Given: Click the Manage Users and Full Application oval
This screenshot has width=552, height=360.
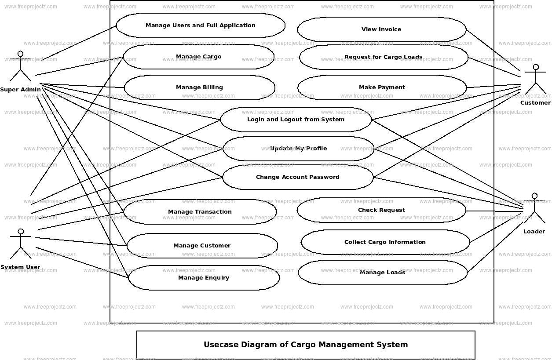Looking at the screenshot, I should pos(201,25).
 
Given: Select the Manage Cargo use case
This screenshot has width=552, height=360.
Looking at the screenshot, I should pos(198,57).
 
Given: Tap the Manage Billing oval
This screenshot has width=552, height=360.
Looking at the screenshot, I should pos(199,87).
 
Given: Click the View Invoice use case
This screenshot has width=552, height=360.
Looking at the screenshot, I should pos(381,29).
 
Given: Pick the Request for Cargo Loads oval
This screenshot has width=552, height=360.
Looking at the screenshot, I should pos(383,57).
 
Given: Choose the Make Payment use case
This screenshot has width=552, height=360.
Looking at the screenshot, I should pos(382,87).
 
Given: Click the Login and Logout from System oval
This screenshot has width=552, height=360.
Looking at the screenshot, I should pos(296,120).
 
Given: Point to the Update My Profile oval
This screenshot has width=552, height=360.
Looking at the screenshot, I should pos(298,149).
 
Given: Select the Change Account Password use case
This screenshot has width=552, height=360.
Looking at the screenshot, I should pos(298,177).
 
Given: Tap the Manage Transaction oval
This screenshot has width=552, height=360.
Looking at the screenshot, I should pos(200,212).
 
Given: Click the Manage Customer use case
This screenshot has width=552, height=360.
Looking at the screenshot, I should pos(202,246).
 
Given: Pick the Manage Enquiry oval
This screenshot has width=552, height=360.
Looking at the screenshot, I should pos(204,278).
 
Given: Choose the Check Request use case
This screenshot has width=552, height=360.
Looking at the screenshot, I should pos(381,210).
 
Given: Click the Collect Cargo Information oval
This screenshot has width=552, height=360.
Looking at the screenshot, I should pos(385,242).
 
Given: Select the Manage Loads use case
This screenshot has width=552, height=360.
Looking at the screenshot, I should pos(383,273).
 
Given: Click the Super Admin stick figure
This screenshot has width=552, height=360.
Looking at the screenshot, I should pos(20,66).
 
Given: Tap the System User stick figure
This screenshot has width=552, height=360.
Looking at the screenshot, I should pos(20,244).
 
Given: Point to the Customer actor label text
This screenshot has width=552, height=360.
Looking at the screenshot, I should pos(535,103).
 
